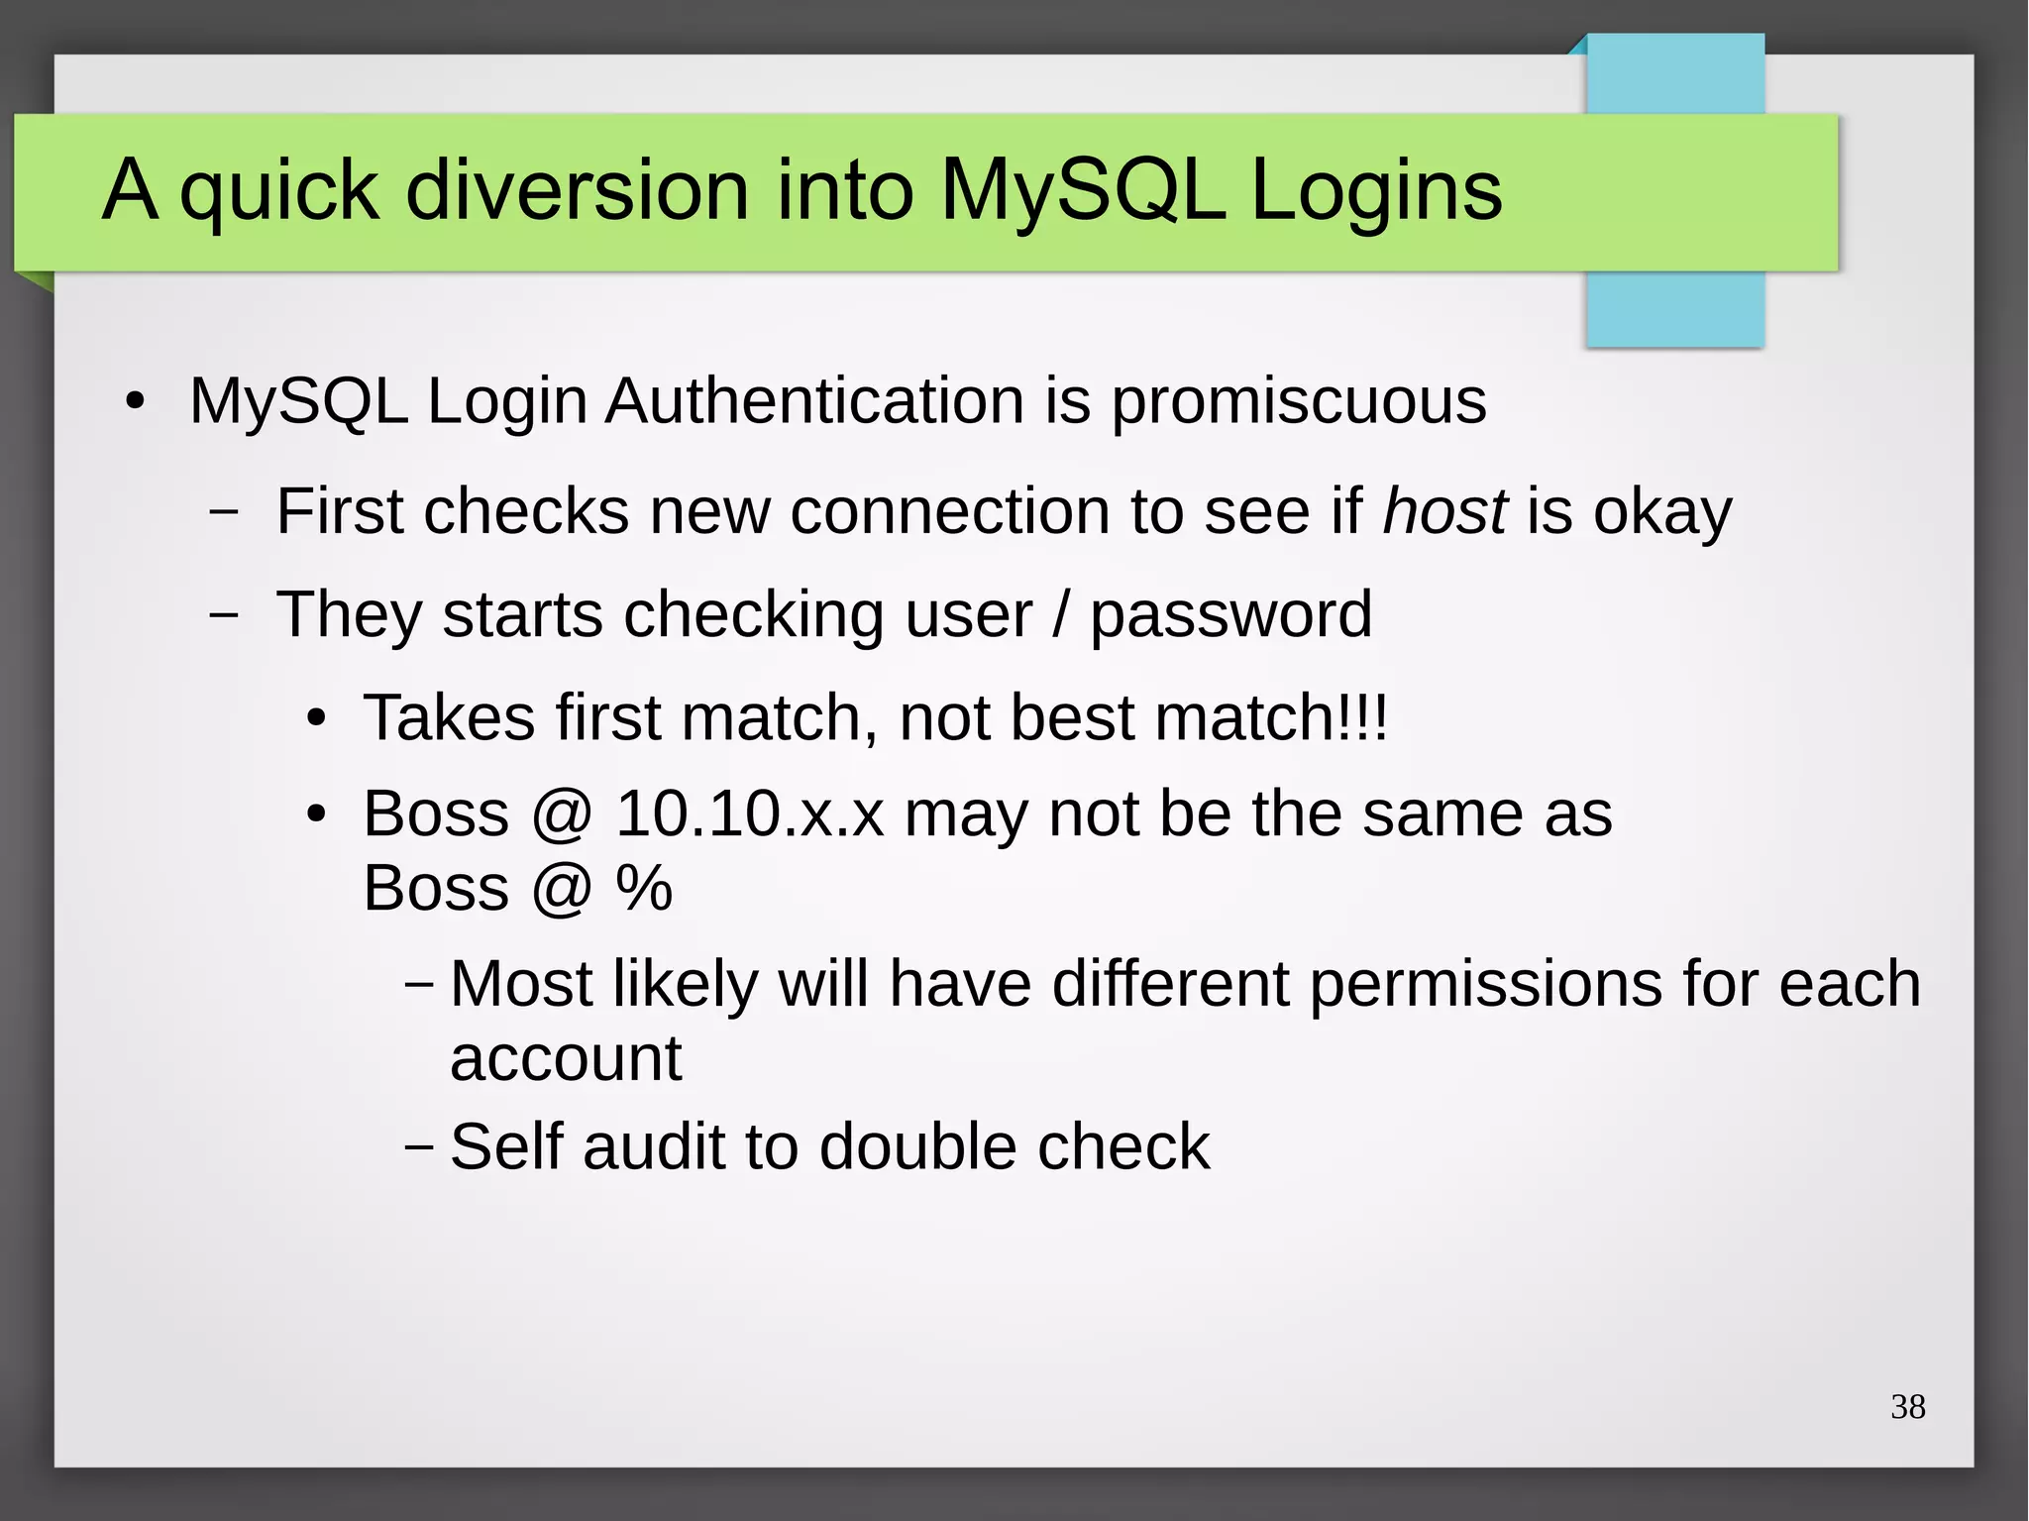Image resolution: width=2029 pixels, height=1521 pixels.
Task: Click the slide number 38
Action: click(x=1907, y=1407)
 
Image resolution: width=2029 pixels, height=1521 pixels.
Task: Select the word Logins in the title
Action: click(x=1376, y=190)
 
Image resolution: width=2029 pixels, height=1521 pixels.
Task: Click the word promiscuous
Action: click(x=1298, y=402)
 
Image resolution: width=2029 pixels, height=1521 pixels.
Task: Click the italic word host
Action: click(x=1444, y=511)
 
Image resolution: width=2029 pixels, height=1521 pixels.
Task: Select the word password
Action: click(x=1230, y=616)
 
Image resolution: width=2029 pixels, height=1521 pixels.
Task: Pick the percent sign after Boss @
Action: click(x=644, y=888)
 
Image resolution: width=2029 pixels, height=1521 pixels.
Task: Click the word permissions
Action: click(x=1485, y=985)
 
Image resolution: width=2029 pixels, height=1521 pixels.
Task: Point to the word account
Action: click(x=566, y=1058)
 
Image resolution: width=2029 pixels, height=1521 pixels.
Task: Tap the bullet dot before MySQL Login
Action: click(x=135, y=402)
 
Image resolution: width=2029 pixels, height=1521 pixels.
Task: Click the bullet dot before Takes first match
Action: click(x=315, y=718)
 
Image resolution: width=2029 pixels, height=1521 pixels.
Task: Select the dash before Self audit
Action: click(x=419, y=1146)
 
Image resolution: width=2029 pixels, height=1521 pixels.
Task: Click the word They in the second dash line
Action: click(x=349, y=614)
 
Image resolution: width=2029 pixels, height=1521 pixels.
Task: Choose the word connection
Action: click(x=949, y=511)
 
